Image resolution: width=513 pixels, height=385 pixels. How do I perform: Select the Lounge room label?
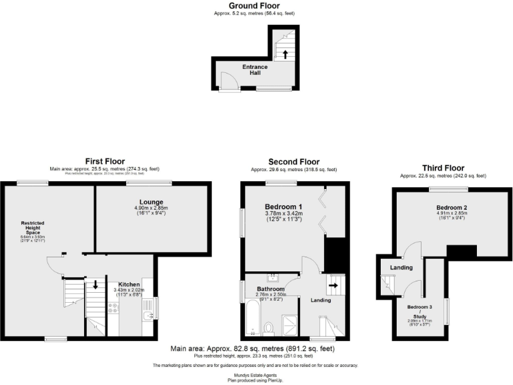click(x=152, y=202)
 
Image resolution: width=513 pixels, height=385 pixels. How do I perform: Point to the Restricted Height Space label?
click(x=32, y=227)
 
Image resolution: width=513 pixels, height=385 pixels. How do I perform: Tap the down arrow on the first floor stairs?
click(x=96, y=284)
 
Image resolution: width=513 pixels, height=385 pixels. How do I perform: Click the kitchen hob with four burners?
click(x=113, y=308)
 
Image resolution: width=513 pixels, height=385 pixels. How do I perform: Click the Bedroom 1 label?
click(x=283, y=207)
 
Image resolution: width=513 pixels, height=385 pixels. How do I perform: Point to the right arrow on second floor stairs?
click(x=332, y=285)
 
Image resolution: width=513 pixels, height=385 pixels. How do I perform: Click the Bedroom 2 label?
click(x=452, y=208)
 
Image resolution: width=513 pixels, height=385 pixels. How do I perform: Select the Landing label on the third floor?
click(x=401, y=268)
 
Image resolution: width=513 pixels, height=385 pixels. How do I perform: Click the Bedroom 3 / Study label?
click(x=421, y=311)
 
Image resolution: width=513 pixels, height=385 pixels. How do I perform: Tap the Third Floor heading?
click(x=443, y=168)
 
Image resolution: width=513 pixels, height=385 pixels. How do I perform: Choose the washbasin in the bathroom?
click(x=273, y=276)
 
